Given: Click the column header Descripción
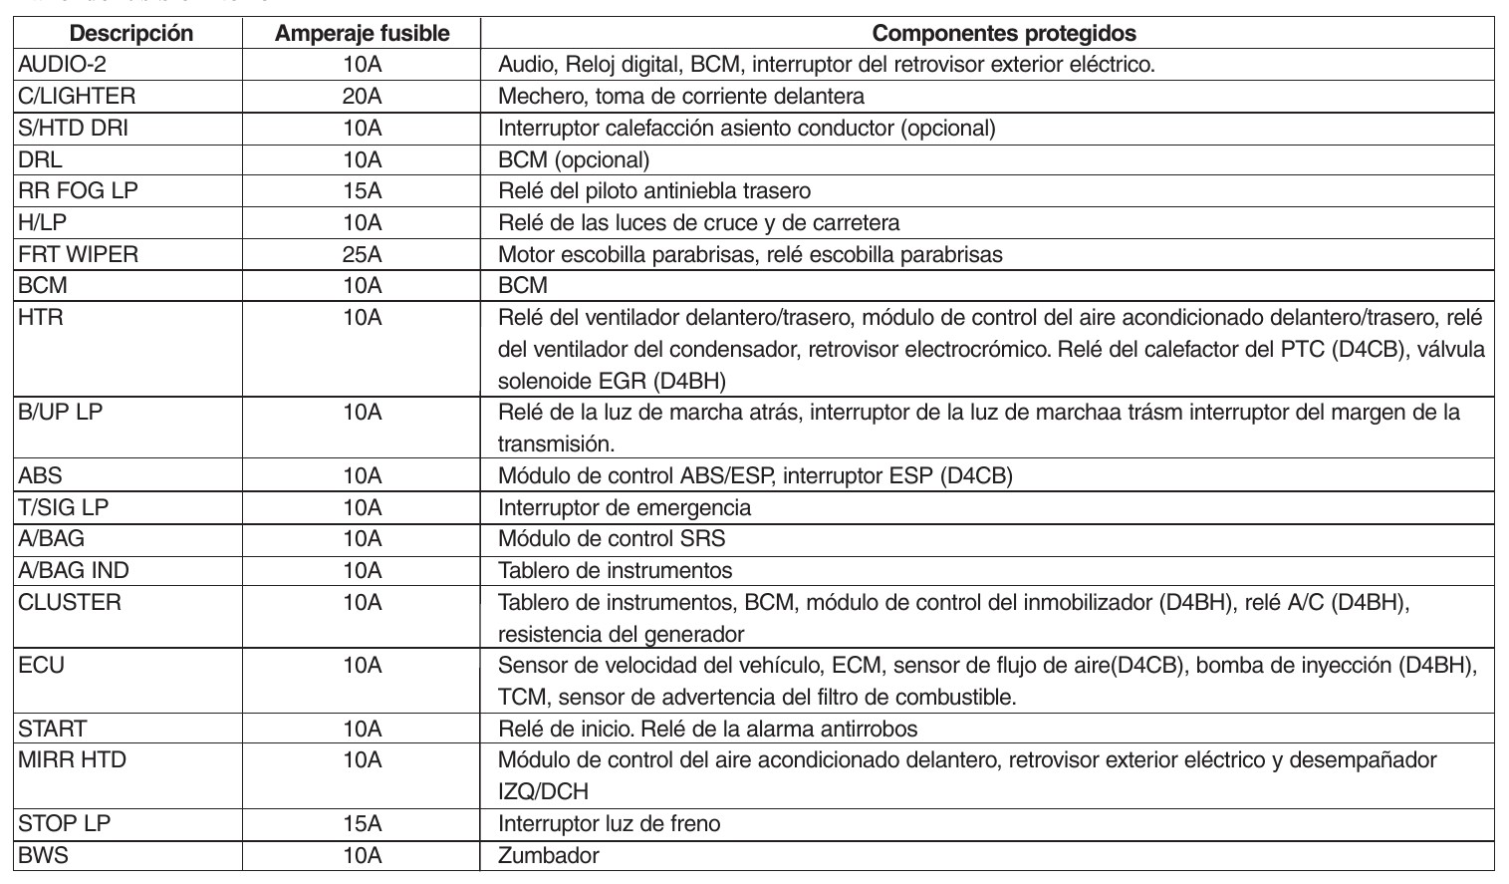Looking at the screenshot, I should pyautogui.click(x=131, y=33).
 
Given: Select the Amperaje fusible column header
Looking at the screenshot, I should pyautogui.click(x=362, y=33).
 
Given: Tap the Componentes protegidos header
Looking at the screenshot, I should pyautogui.click(x=1004, y=33).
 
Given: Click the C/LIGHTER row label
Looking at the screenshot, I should pyautogui.click(x=77, y=97).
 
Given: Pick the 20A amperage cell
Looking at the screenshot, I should pyautogui.click(x=362, y=97).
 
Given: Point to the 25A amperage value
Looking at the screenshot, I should pyautogui.click(x=362, y=254).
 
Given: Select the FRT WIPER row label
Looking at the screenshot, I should pyautogui.click(x=79, y=254).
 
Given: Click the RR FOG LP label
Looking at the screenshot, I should pyautogui.click(x=78, y=190).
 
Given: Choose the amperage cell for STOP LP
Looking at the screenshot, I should pyautogui.click(x=362, y=824).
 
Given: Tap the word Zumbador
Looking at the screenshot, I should pyautogui.click(x=549, y=856).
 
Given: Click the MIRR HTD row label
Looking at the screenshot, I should pyautogui.click(x=73, y=760).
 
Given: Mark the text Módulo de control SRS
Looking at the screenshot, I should pyautogui.click(x=612, y=539).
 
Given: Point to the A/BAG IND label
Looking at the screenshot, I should pyautogui.click(x=74, y=571).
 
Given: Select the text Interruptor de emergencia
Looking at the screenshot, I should pyautogui.click(x=625, y=507).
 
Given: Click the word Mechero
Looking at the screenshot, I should pyautogui.click(x=537, y=97).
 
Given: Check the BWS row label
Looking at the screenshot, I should pyautogui.click(x=43, y=856).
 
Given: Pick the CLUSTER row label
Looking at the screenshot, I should pyautogui.click(x=70, y=603).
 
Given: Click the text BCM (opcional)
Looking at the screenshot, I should pyautogui.click(x=574, y=159).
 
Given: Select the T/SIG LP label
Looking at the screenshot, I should pyautogui.click(x=64, y=507).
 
